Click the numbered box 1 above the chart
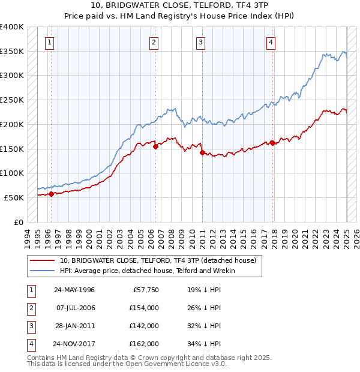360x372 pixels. point(49,42)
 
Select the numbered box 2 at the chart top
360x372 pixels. point(154,42)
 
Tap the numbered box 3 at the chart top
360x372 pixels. point(200,42)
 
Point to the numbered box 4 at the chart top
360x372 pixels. point(271,42)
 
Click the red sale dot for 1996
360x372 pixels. point(52,194)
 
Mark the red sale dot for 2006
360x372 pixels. point(156,146)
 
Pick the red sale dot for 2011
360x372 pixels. point(202,152)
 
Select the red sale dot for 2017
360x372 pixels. point(273,143)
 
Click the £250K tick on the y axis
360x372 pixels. point(13,100)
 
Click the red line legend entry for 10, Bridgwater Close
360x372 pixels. point(158,260)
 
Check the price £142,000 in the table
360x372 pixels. point(144,326)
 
